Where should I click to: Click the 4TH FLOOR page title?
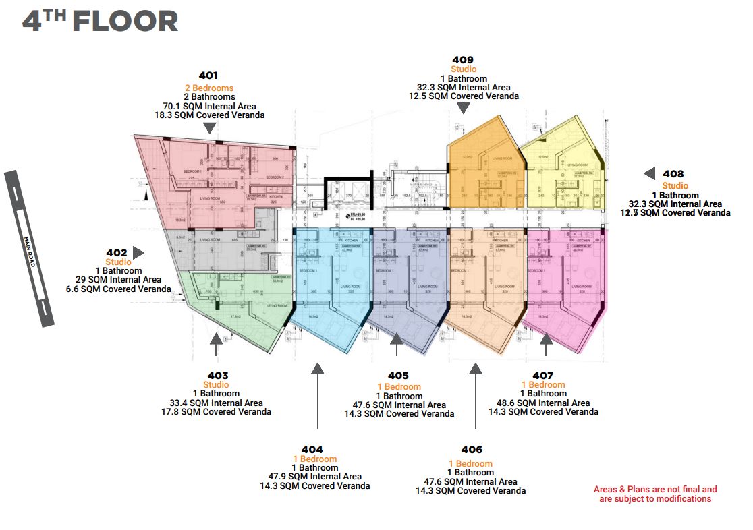click(x=100, y=21)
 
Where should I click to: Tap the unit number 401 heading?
click(x=208, y=76)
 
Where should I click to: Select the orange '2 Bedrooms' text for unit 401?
click(x=209, y=88)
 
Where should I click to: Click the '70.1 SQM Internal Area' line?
click(x=209, y=106)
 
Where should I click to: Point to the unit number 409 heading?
click(x=463, y=59)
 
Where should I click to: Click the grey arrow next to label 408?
click(x=649, y=174)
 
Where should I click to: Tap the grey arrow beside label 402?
click(x=138, y=253)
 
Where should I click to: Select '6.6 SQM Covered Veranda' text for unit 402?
click(x=118, y=289)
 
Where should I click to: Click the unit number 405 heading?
click(x=398, y=375)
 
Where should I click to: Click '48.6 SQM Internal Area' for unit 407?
click(x=543, y=403)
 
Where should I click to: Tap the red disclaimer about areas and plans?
click(x=654, y=494)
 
